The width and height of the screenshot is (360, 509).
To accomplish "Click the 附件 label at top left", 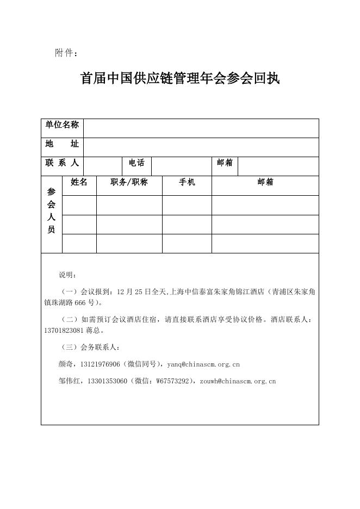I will point(66,53).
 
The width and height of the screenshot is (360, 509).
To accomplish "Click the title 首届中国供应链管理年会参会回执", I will point(180,78).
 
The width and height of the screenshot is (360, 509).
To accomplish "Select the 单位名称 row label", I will point(62,125).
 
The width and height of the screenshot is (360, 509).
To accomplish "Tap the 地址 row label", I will point(62,144).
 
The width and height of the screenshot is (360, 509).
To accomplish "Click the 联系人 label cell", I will point(62,163).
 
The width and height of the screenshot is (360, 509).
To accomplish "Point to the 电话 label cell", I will point(136,163).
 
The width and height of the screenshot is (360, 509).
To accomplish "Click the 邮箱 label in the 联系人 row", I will point(225,163).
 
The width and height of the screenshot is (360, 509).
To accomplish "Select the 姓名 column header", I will point(79,183).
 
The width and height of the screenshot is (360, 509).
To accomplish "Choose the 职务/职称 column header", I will point(129,183).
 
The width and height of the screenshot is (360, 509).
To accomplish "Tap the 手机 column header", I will point(187,183).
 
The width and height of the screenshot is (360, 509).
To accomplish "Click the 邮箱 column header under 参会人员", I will point(265,183).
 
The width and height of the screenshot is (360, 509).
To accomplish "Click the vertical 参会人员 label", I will point(52,210).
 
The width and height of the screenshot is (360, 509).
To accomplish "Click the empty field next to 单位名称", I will point(201,128).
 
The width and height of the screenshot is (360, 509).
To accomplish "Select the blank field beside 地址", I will point(201,147).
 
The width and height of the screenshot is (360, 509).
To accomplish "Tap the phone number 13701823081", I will point(64,330).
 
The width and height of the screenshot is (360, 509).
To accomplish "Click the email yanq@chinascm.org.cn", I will point(203,364).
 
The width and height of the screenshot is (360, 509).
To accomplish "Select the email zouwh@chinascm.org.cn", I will point(238,381).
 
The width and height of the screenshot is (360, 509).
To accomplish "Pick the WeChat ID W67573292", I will point(173,381).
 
